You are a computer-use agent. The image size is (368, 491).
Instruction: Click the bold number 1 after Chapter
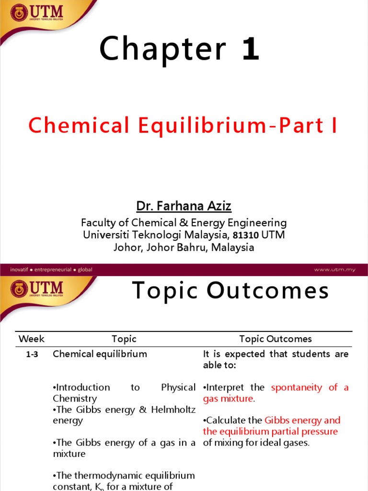[251, 49]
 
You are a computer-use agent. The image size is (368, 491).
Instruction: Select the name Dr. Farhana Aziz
[184, 206]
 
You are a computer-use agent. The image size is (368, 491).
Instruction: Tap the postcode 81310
[246, 235]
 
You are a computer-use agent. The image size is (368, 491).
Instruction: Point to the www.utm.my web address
[334, 269]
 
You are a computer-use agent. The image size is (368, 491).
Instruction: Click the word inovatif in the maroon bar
[22, 269]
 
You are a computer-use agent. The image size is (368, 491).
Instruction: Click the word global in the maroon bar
[85, 269]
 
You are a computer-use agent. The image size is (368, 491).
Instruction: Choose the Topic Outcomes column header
[276, 339]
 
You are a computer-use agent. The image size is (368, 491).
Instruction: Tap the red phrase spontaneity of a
[310, 387]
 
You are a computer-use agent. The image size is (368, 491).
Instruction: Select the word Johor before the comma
[124, 248]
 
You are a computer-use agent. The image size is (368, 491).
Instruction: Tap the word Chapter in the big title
[162, 49]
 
